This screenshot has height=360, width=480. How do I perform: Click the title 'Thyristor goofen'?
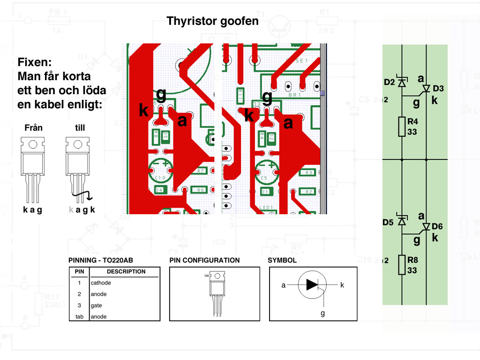coord(212,21)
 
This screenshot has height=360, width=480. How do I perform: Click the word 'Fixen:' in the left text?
coord(38,62)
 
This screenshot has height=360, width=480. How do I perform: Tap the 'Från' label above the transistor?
coord(33,127)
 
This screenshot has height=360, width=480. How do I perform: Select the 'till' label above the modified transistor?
coord(80,127)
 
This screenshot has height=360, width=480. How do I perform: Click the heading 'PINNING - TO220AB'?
coord(104,260)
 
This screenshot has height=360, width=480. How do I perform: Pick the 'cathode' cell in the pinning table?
coord(101,283)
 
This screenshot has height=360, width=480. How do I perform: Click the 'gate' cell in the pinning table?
coord(96,305)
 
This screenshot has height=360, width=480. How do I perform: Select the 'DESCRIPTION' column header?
coord(126,271)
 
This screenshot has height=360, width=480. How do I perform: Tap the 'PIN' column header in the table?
coord(79,271)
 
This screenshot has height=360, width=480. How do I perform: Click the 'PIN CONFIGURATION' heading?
coord(204,260)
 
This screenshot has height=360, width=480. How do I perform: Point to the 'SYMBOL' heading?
coord(282,260)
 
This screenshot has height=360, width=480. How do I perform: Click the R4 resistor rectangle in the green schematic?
coord(402,127)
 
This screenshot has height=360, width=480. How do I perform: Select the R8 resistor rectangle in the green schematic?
coord(402,265)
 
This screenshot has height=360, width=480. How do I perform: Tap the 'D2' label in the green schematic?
coord(389,82)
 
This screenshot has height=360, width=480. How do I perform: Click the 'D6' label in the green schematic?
coord(437,226)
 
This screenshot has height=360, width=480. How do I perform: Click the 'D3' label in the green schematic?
coord(438,88)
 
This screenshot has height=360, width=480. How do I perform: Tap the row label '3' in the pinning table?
coord(79,305)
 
